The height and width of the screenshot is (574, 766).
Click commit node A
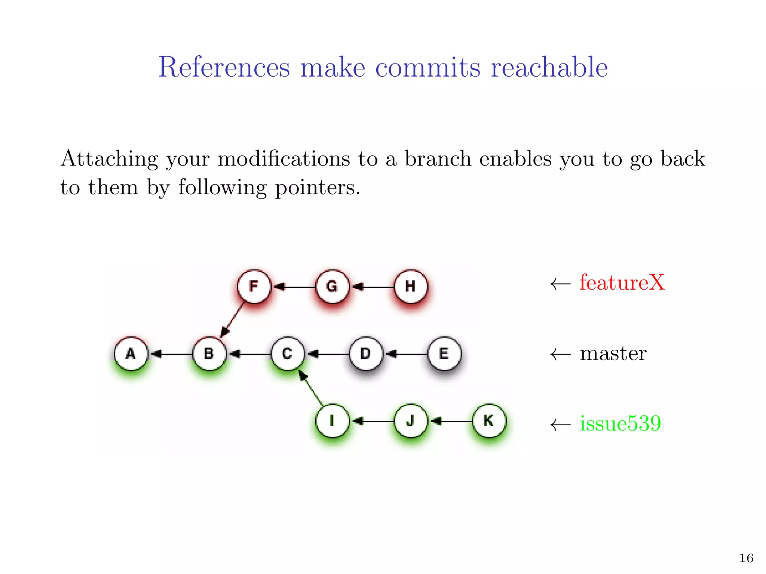point(131,354)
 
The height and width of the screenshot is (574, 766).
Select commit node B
point(209,354)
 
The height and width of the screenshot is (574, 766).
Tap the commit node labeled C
point(288,354)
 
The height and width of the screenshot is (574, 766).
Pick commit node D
point(366,354)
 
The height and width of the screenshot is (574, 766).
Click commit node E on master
point(444,354)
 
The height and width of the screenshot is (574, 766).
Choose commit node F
point(254,287)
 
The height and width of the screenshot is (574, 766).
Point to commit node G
point(332,287)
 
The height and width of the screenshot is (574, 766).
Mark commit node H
point(411,287)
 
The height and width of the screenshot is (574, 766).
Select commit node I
point(332,421)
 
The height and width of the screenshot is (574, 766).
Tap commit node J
point(411,421)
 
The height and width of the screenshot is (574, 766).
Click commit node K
point(489,421)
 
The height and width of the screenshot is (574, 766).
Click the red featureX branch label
point(622,283)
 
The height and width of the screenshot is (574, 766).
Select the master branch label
point(613,354)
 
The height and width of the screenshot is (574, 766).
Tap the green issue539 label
point(621,424)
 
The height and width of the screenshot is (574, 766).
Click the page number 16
point(746,558)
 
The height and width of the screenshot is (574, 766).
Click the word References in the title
point(224,67)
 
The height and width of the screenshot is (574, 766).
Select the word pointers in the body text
point(317,187)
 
